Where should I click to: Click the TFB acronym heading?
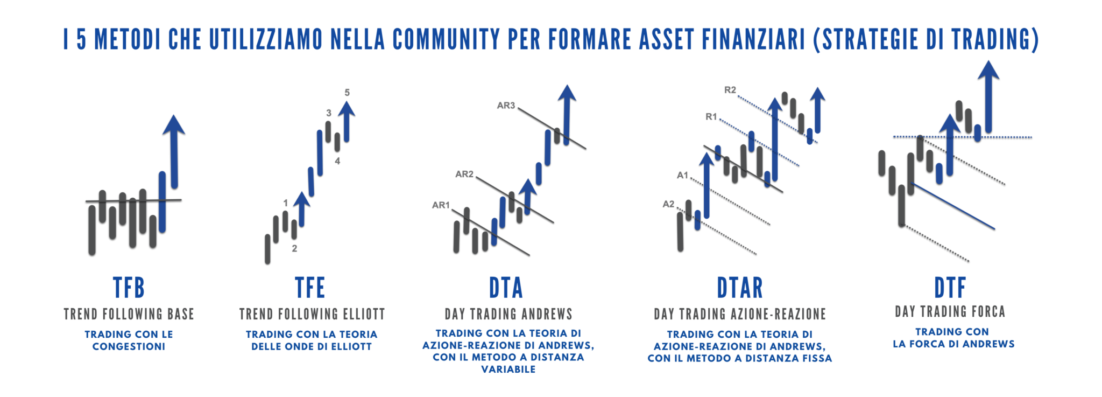129,288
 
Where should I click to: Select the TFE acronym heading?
310,288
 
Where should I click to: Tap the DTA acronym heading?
506,288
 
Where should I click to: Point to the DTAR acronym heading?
740,288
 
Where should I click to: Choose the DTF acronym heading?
950,288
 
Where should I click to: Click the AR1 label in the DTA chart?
441,205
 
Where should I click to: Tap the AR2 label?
464,174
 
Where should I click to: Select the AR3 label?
506,106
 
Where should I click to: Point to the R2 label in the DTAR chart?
730,90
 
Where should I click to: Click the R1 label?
711,116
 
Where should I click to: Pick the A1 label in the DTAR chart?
682,175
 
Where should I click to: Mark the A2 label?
668,204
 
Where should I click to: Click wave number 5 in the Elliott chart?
347,93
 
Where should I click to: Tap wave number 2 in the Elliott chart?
294,248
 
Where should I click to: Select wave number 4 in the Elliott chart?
337,161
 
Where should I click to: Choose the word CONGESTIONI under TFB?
129,346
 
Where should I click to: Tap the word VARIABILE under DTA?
508,369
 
